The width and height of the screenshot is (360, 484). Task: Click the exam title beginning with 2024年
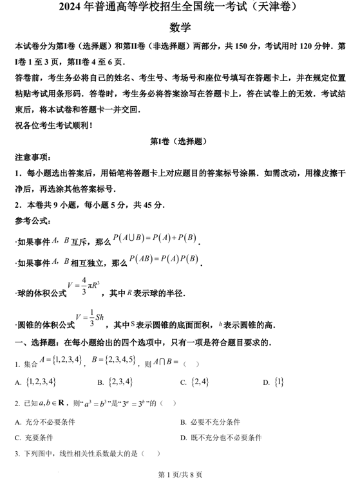(180, 8)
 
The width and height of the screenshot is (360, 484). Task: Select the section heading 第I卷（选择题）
(179, 141)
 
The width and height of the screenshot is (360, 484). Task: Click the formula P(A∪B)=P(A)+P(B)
(155, 239)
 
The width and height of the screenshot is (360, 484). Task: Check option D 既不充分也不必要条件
(222, 438)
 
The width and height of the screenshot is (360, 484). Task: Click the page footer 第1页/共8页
(180, 475)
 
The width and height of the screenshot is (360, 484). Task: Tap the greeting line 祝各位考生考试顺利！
(52, 126)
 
